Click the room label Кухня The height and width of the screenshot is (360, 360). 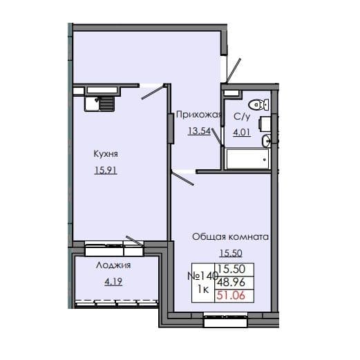[x=105, y=154]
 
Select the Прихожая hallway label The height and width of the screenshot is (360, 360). [x=197, y=115]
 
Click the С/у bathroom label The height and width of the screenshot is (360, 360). [x=242, y=117]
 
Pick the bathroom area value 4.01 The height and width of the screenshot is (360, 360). [x=242, y=132]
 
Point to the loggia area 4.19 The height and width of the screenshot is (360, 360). [x=113, y=281]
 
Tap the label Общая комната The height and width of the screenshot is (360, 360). [x=230, y=237]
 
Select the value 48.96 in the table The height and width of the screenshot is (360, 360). [x=234, y=283]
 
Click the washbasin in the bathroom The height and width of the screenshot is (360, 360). [x=267, y=141]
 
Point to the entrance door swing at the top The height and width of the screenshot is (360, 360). [x=232, y=70]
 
